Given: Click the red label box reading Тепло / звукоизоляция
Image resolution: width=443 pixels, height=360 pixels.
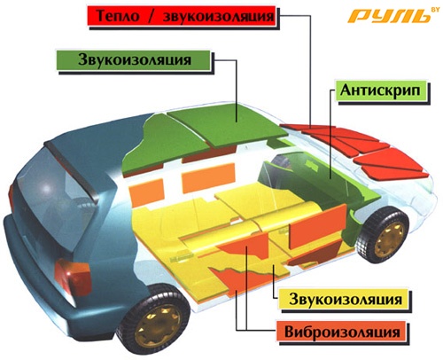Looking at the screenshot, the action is click(182, 16).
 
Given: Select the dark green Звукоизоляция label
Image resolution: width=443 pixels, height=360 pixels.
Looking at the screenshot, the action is click(134, 60).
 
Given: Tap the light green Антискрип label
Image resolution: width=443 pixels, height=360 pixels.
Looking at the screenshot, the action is click(381, 90).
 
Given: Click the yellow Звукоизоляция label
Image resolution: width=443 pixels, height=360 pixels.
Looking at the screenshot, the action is click(345, 299).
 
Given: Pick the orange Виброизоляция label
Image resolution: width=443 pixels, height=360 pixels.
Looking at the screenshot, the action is click(342, 332).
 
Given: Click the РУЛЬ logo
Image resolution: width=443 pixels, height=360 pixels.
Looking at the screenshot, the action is click(390, 16).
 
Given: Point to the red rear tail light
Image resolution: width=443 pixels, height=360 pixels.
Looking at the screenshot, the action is click(72, 277).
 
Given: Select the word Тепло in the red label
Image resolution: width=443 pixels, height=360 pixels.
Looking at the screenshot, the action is click(118, 16).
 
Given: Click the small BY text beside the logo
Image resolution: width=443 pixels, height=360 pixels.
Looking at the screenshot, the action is click(435, 10).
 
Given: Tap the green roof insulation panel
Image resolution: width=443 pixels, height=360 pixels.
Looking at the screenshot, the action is click(228, 123).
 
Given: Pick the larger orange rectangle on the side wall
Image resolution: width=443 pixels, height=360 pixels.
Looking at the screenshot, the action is click(208, 177).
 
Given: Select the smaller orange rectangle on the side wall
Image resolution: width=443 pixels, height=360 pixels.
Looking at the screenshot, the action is click(147, 192).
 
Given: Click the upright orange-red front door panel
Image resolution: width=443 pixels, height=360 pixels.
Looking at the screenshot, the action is click(317, 226).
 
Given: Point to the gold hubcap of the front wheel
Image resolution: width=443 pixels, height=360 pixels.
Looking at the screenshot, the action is click(389, 237).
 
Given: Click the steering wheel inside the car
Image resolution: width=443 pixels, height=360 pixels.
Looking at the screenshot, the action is click(280, 161).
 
